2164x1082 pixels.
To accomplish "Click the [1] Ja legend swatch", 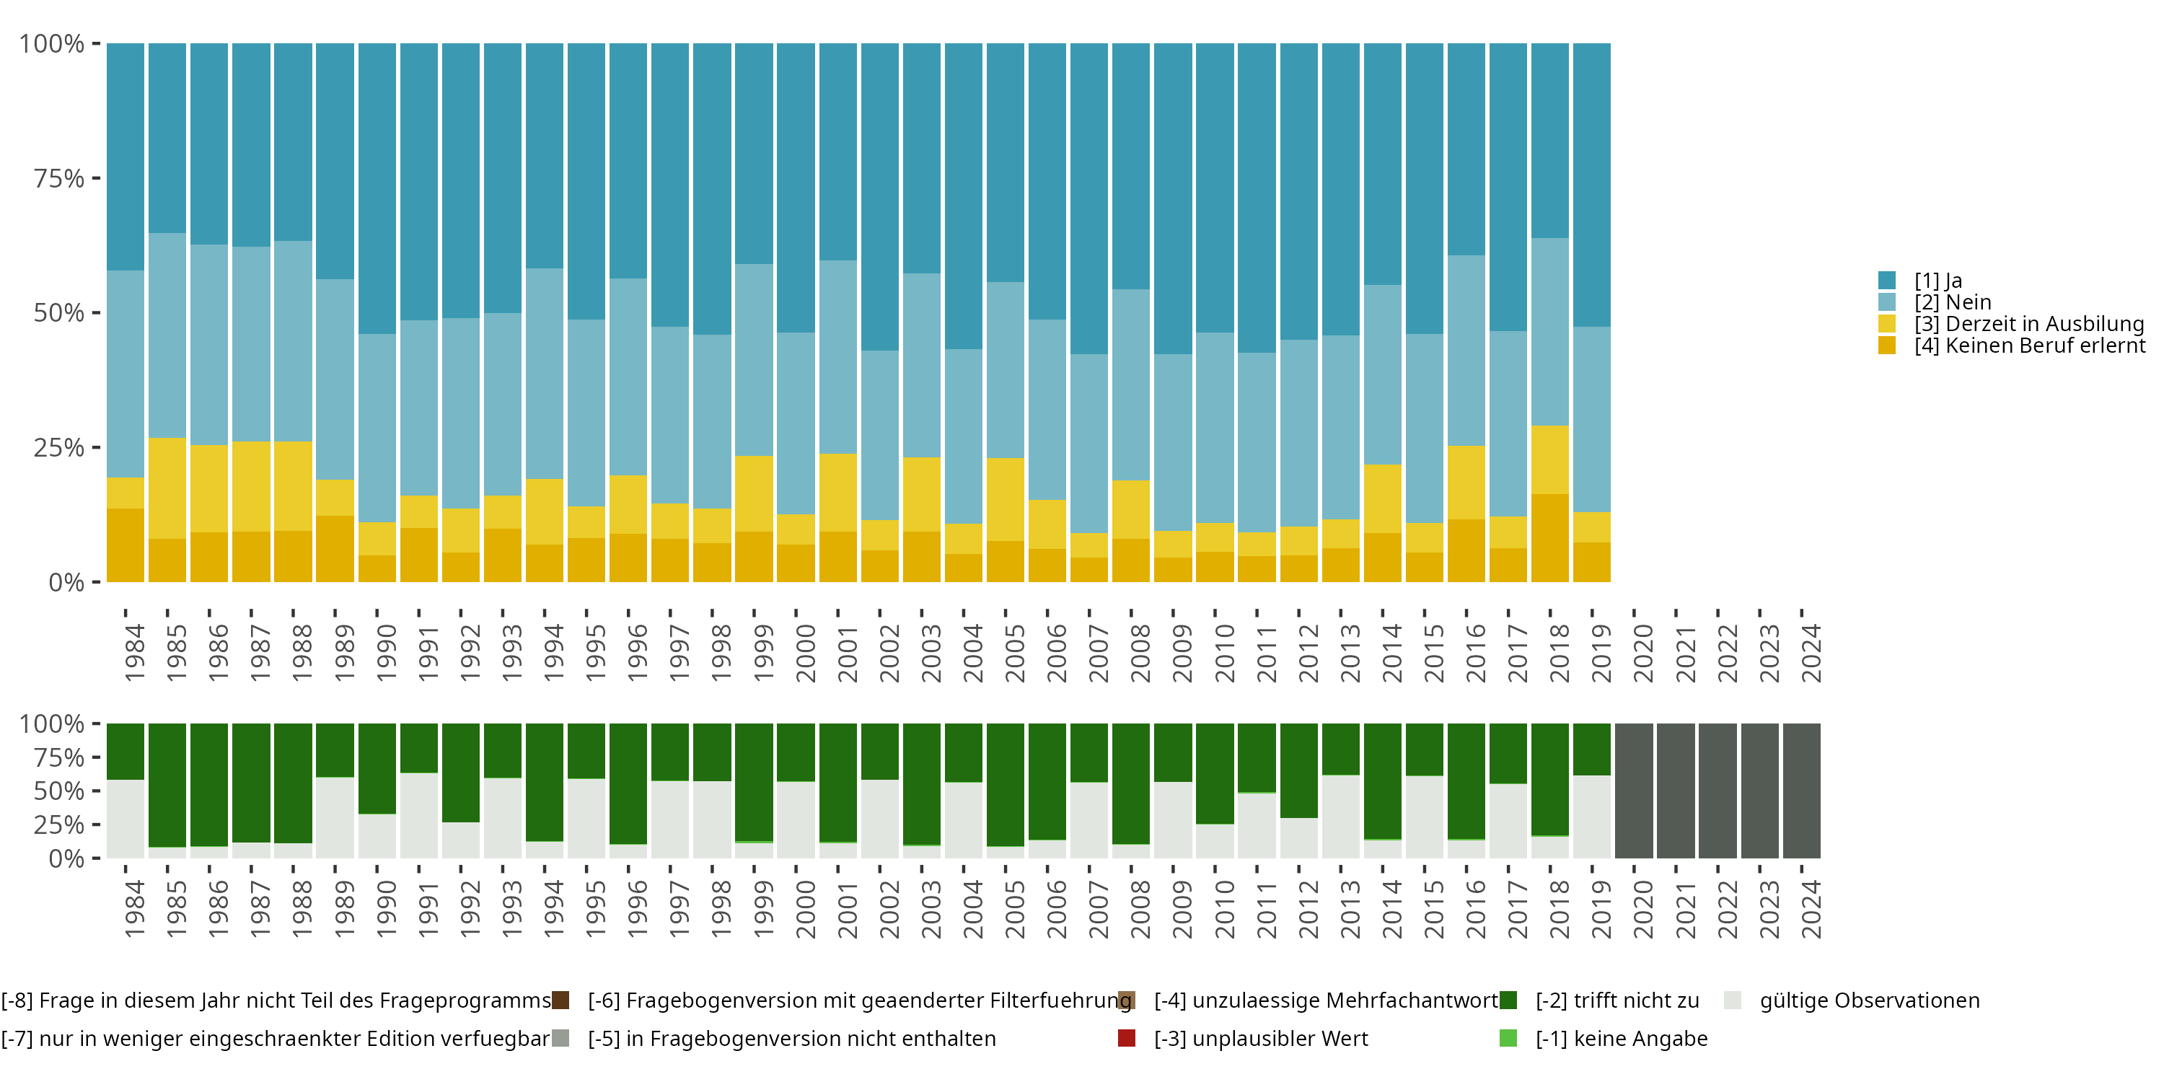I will [x=1887, y=281].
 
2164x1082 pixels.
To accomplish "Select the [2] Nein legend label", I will [x=1953, y=302].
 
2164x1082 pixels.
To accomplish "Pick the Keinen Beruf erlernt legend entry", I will [x=2028, y=346].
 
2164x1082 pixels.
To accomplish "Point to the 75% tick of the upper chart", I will [x=96, y=178].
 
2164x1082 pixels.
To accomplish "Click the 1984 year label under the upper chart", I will [x=134, y=653].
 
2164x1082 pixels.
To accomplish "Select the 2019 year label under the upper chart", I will [x=1601, y=653].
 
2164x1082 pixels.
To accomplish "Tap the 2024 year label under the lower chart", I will [x=1811, y=910].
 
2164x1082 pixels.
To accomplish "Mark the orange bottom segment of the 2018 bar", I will [x=1550, y=537].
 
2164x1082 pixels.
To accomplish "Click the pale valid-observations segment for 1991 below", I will [x=419, y=815].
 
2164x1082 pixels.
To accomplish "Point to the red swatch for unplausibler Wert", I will [x=1127, y=1038].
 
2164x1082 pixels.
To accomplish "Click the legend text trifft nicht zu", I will [x=1617, y=1000].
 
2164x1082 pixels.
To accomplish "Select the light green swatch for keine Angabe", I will [x=1508, y=1038].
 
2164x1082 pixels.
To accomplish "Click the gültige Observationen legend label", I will [x=1869, y=1000].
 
